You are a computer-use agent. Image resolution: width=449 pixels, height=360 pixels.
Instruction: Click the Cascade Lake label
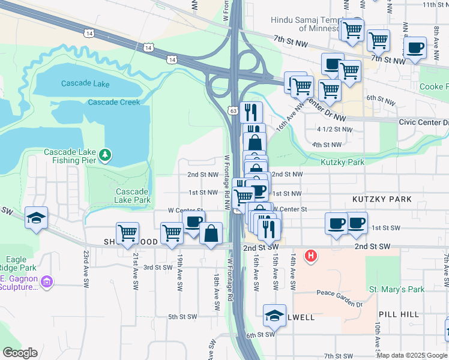[x=84, y=83]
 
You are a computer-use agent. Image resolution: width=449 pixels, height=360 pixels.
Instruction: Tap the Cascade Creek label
[x=113, y=102]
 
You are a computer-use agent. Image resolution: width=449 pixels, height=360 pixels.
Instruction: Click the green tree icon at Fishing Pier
[x=106, y=155]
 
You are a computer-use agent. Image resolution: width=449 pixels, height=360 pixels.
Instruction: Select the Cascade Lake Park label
[x=133, y=196]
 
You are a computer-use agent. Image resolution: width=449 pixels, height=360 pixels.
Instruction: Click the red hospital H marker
[x=310, y=256]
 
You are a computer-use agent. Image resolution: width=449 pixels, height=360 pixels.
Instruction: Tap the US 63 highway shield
[x=234, y=110]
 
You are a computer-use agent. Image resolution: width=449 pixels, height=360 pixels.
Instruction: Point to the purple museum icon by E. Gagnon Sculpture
[x=47, y=280]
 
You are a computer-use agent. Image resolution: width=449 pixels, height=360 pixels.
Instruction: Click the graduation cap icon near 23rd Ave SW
[x=37, y=218]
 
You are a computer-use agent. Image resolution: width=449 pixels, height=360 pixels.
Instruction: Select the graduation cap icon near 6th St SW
[x=274, y=316]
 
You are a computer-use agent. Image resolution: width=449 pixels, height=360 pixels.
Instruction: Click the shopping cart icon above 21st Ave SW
[x=127, y=233]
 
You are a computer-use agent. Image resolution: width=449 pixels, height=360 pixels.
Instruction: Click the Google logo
[x=20, y=353]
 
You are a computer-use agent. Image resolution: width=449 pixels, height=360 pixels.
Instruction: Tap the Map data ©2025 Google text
[x=412, y=355]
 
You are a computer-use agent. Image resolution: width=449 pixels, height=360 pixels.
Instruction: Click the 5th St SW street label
[x=182, y=317]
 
